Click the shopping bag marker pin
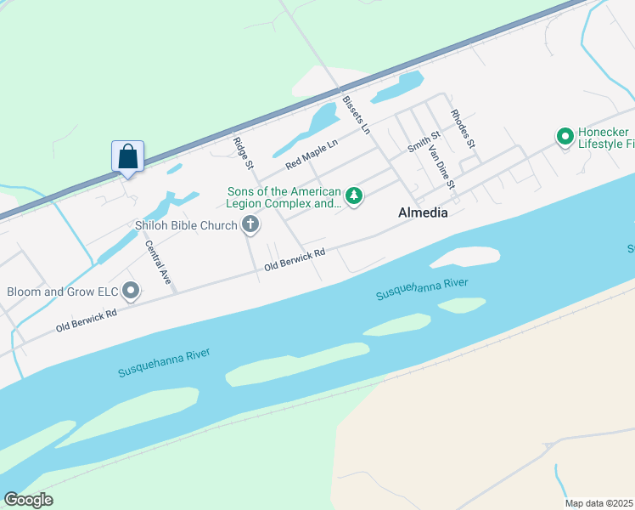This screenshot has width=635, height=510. [x=127, y=157]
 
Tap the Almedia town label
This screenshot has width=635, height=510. [x=423, y=213]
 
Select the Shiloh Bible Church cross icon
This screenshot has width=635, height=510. [x=250, y=225]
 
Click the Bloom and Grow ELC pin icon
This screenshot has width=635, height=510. [x=131, y=292]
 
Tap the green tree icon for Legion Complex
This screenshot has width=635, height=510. [x=353, y=197]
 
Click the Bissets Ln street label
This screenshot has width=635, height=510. [x=357, y=115]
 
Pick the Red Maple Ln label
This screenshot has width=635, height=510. [x=312, y=152]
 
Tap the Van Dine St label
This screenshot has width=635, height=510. [x=442, y=167]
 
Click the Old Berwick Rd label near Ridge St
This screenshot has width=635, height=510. [x=295, y=259]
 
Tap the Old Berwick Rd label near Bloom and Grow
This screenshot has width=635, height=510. [x=86, y=320]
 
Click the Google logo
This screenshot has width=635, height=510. [x=28, y=500]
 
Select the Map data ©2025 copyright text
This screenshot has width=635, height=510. [x=599, y=503]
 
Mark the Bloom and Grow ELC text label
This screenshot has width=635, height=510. [x=61, y=292]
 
